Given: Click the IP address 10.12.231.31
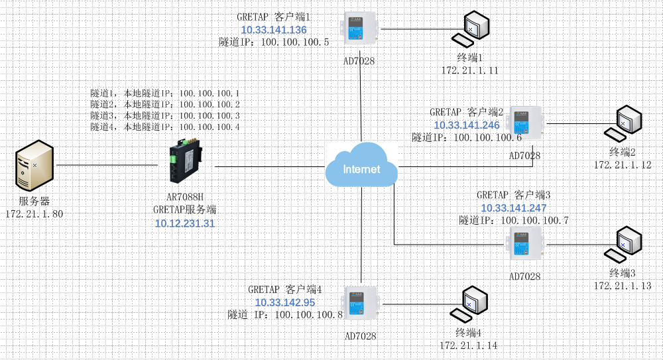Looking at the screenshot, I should click(185, 223).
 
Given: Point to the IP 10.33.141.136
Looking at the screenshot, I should click(273, 30).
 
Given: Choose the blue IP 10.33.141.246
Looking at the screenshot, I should click(467, 125).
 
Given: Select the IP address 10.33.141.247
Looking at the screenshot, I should click(514, 208).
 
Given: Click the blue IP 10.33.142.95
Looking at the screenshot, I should click(284, 302).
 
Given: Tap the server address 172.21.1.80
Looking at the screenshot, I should click(34, 213).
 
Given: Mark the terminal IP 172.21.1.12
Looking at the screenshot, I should click(623, 164).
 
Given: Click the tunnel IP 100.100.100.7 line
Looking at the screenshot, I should click(514, 220).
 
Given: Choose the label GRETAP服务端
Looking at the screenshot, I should click(185, 210).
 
